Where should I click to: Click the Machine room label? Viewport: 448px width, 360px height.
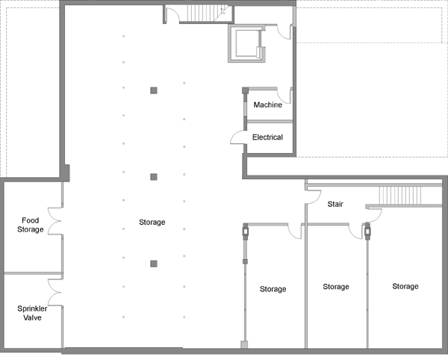click(268, 105)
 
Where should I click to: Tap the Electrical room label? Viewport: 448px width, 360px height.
click(267, 137)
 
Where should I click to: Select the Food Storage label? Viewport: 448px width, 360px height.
click(31, 225)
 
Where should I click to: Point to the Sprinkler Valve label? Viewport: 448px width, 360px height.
click(32, 313)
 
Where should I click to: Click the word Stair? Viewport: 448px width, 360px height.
click(335, 204)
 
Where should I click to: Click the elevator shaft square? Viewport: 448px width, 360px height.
click(247, 43)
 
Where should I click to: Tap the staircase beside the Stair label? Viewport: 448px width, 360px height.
click(400, 196)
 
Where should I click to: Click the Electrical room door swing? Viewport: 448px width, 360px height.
click(237, 137)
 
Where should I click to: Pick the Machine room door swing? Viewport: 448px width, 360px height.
click(284, 96)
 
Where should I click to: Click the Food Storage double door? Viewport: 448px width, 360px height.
click(55, 221)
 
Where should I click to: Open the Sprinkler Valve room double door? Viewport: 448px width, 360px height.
click(55, 292)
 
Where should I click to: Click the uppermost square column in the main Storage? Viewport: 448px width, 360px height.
click(154, 90)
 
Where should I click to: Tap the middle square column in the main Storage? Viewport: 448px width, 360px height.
click(154, 177)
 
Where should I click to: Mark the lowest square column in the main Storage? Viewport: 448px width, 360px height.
click(154, 264)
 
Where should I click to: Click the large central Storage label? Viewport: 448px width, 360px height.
click(152, 222)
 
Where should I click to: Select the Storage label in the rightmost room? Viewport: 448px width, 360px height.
click(405, 286)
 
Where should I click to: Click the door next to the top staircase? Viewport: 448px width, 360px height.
click(173, 15)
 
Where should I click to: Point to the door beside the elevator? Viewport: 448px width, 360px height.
click(284, 32)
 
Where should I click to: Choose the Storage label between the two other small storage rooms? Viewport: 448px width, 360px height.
click(336, 287)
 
